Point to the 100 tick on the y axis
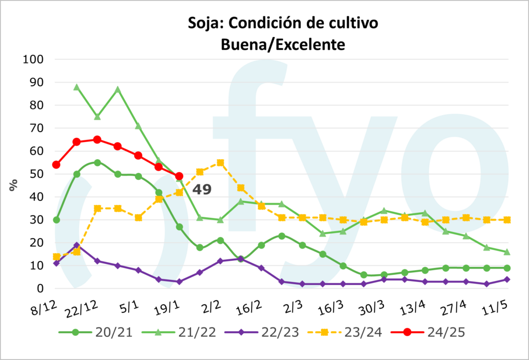tap(34, 59)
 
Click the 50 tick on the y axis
tap(37, 174)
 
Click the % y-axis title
tap(13, 184)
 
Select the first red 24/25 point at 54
tap(56, 165)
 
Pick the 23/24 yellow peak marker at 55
tap(221, 163)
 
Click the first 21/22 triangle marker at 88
tap(76, 87)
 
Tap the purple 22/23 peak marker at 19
tap(76, 245)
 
